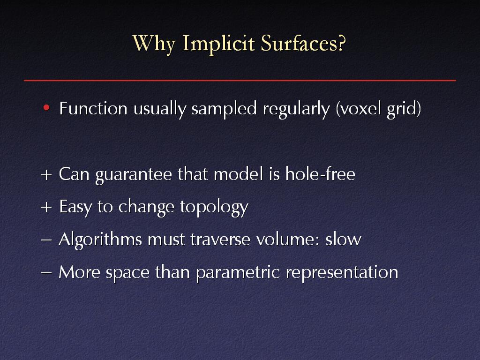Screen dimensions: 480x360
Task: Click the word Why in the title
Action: [x=154, y=44]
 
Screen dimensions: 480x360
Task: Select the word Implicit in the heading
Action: [x=218, y=44]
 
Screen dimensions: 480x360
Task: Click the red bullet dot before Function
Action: [x=46, y=107]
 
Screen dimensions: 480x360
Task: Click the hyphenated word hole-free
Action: [x=320, y=173]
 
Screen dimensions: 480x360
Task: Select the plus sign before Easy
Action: [x=46, y=208]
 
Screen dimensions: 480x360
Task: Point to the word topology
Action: [x=214, y=208]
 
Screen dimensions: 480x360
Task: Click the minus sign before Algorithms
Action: [x=46, y=240]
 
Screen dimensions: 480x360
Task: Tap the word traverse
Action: [x=220, y=240]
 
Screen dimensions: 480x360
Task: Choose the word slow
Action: [x=344, y=239]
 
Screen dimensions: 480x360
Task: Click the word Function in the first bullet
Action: [x=93, y=108]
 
